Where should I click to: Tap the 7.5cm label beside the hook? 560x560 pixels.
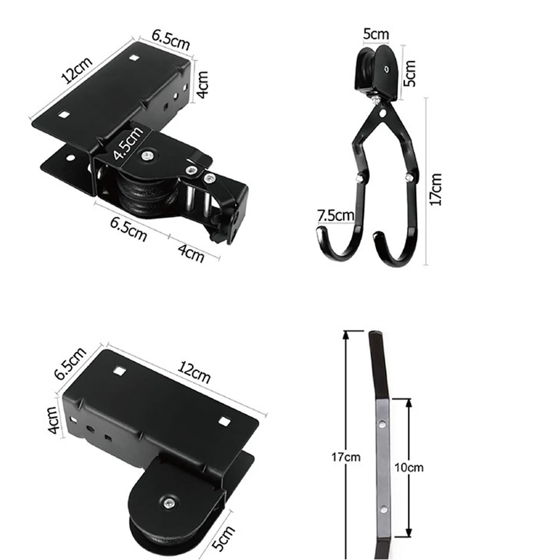[x=335, y=214]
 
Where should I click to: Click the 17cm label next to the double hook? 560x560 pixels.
[x=436, y=189]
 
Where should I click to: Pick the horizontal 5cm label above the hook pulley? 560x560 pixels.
[x=376, y=34]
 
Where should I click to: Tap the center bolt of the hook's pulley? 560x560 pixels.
[x=386, y=69]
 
